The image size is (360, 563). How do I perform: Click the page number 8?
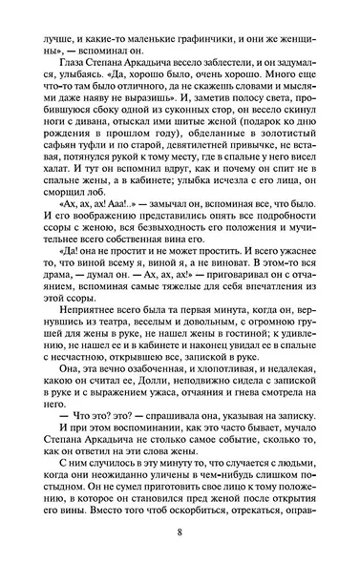tap(180, 530)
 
